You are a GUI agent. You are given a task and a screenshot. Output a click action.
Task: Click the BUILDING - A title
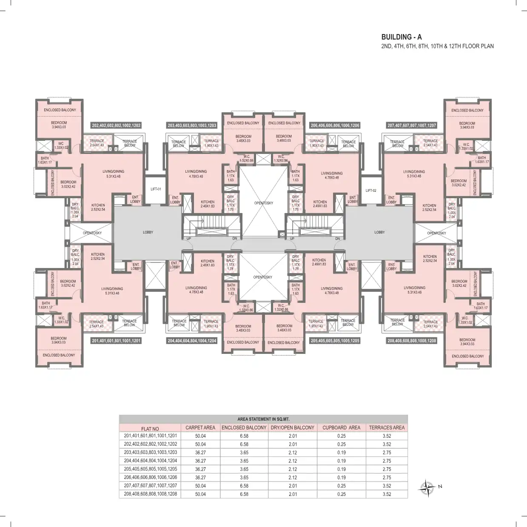[402, 37]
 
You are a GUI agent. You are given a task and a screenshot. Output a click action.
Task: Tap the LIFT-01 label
[156, 189]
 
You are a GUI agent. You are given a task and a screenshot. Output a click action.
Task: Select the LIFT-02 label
[371, 191]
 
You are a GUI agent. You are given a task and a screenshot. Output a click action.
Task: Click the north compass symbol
[427, 487]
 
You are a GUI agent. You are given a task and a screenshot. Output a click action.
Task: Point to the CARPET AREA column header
[200, 427]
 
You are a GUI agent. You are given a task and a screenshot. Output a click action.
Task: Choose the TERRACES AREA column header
[387, 427]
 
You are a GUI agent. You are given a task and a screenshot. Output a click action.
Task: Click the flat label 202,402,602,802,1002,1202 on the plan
[116, 125]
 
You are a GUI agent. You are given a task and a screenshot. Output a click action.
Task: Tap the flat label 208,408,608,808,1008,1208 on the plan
[411, 341]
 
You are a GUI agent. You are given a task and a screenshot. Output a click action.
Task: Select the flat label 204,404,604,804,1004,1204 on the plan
[192, 341]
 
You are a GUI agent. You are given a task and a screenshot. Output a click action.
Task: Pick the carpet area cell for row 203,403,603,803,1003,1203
[200, 453]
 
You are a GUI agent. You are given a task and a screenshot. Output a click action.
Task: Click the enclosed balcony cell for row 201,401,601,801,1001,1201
[244, 436]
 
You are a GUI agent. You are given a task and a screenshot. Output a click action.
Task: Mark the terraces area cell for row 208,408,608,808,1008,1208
[387, 494]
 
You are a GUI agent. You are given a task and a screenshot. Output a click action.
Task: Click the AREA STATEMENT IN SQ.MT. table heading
[263, 419]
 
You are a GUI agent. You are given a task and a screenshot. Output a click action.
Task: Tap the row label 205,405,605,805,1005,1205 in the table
[150, 469]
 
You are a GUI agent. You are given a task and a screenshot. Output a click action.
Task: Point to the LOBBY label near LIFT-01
[148, 232]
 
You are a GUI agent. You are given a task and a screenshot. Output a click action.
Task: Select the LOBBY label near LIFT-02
[379, 232]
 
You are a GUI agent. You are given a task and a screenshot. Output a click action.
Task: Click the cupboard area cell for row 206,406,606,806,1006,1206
[341, 478]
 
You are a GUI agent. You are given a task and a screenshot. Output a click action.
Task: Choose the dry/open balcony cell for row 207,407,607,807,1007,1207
[293, 486]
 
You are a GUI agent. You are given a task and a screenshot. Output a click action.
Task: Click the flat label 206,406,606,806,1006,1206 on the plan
[335, 125]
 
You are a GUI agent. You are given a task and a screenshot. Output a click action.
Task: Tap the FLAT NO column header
[150, 429]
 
